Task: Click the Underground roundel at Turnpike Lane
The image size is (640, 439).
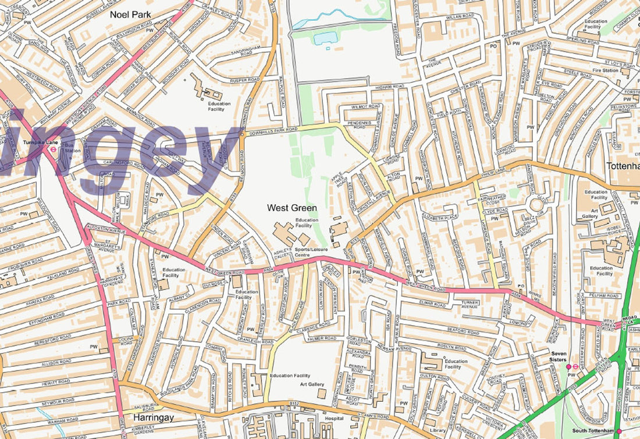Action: [53, 148]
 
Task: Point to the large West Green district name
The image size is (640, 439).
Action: [292, 208]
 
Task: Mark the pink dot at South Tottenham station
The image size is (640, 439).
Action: [619, 430]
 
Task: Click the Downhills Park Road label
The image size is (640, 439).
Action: [274, 129]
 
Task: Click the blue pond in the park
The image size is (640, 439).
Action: [324, 38]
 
